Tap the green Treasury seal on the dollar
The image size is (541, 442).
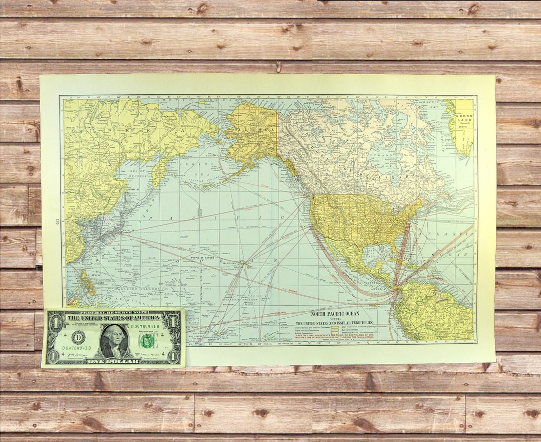coord(146,341)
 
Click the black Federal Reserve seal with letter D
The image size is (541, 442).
coord(78,337)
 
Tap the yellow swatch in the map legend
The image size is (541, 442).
coord(334,329)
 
